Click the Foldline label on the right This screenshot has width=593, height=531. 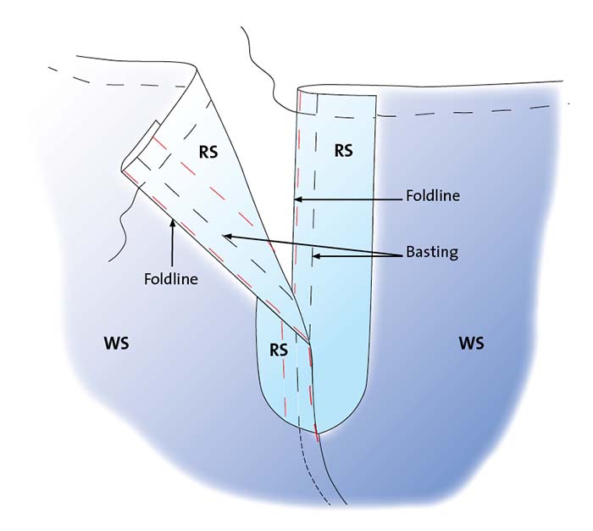tap(433, 195)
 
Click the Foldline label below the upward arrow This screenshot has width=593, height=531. tap(171, 279)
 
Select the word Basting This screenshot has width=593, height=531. tap(432, 252)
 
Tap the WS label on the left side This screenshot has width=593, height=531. tap(117, 344)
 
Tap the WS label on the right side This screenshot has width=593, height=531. tap(471, 344)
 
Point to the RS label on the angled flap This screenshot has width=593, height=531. tap(208, 152)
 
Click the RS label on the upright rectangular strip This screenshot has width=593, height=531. tap(343, 150)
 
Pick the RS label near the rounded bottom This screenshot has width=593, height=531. tap(279, 350)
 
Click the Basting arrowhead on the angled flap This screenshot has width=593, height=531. tap(226, 237)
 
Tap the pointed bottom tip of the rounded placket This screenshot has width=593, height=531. tap(317, 433)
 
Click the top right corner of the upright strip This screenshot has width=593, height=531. tap(376, 96)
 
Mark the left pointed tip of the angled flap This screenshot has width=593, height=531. tap(122, 169)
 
